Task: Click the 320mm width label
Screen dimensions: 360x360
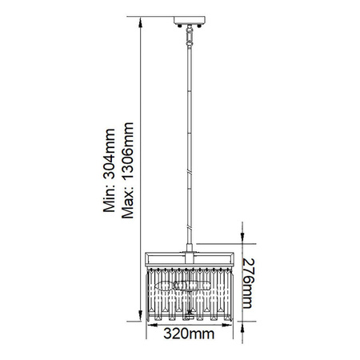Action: point(189,334)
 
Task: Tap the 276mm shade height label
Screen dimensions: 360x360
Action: point(248,283)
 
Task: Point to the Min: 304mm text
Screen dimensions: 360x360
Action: point(110,170)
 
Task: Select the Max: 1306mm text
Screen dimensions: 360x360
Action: point(127,170)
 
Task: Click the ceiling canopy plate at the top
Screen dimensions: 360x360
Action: point(190,20)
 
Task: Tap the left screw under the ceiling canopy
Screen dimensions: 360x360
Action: point(180,26)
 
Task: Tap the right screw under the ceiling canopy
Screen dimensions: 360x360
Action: point(199,26)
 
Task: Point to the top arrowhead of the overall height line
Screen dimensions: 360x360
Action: point(140,22)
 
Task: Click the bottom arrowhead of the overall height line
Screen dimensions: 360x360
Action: point(140,316)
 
